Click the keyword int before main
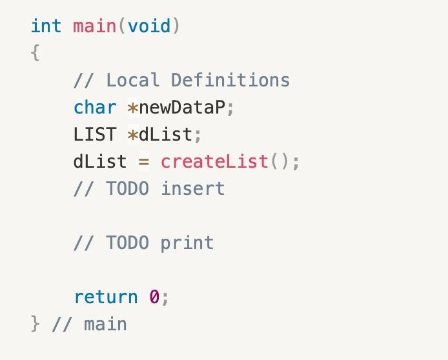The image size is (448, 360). (x=46, y=26)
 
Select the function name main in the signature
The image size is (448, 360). (x=94, y=26)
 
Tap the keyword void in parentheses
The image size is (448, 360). (x=149, y=26)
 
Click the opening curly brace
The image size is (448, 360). (x=35, y=53)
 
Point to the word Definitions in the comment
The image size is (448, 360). (x=230, y=80)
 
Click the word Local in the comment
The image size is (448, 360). (x=132, y=80)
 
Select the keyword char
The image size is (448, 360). (x=95, y=107)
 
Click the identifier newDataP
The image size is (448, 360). (x=182, y=107)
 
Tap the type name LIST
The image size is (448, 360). (x=95, y=134)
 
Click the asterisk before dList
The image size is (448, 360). (x=133, y=135)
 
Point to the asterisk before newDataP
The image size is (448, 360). (x=133, y=108)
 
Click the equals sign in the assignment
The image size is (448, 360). (x=144, y=161)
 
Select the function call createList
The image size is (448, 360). (x=214, y=161)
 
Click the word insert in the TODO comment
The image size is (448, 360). (x=192, y=188)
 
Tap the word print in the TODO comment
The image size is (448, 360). (x=187, y=243)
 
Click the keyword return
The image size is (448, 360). (x=106, y=297)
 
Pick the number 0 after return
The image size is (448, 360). (x=154, y=297)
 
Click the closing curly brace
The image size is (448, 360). (x=35, y=324)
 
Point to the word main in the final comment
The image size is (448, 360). (x=105, y=324)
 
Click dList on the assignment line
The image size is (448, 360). (x=100, y=161)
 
